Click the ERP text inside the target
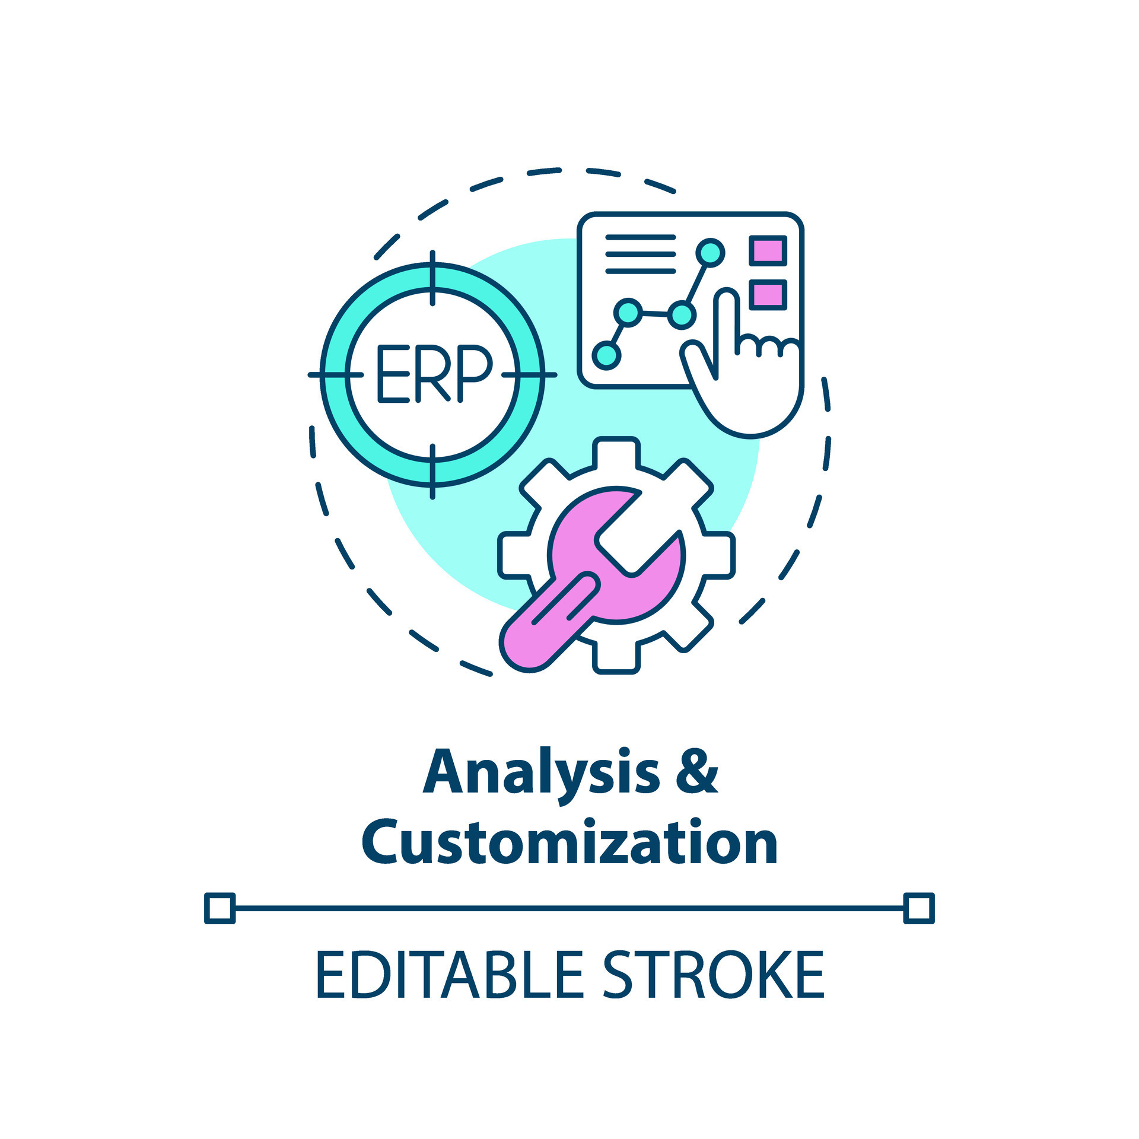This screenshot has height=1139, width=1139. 434,374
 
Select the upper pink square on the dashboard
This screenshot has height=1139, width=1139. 768,250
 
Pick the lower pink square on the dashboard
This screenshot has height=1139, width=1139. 768,294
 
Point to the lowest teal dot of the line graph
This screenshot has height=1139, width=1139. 606,355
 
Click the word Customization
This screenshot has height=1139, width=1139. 569,843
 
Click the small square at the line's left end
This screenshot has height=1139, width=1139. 219,908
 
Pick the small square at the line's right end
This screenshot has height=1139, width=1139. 919,908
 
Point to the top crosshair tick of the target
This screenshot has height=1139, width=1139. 432,278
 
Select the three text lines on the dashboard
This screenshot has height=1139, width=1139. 640,254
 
